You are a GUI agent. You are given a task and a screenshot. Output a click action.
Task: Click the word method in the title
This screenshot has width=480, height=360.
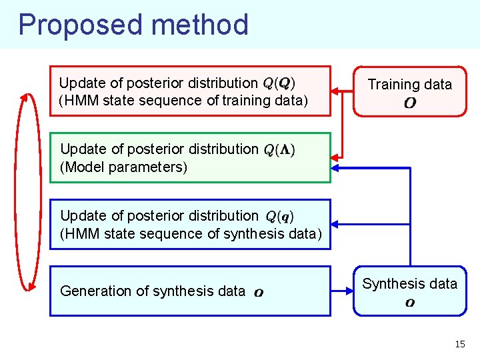pos(199,25)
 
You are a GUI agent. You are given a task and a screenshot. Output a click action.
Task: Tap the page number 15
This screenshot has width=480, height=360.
pos(460,344)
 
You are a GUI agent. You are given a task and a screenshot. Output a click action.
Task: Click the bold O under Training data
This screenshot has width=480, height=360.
pos(410,103)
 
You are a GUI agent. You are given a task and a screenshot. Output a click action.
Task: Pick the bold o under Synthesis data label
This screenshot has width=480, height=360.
pos(410,303)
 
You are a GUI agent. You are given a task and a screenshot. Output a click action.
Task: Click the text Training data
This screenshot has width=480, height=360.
pos(410,84)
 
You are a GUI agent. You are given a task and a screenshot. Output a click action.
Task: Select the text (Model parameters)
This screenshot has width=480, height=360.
pos(124,167)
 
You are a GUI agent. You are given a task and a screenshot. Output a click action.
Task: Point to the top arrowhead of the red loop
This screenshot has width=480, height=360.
pos(29,96)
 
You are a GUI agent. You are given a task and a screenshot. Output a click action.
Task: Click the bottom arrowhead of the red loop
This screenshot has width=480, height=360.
pos(29,287)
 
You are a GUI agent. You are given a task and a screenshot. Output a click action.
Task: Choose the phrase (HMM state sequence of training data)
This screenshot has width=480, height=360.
pos(184,101)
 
